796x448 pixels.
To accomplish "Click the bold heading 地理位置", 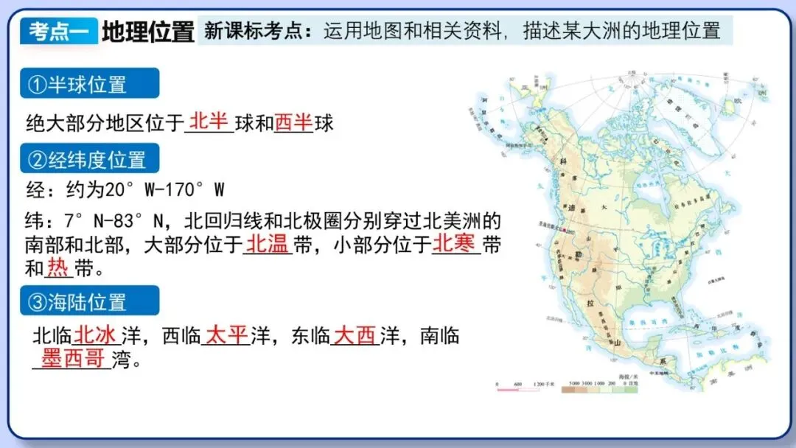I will click(x=147, y=32).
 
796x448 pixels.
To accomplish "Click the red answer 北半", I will click(x=209, y=122).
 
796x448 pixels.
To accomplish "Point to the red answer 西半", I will click(x=293, y=122).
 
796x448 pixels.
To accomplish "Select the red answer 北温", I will click(x=267, y=244).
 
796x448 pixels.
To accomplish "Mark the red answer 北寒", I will click(x=454, y=244).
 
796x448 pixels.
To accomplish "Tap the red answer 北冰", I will click(x=95, y=335).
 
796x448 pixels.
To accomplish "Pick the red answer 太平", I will click(x=226, y=335).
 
